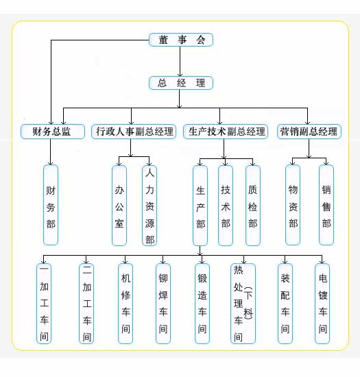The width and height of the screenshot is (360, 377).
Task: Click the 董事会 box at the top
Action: point(181,40)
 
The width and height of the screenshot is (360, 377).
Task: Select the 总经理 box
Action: point(181,83)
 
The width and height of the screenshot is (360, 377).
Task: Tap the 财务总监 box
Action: point(53,132)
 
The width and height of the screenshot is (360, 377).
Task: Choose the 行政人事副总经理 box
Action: point(134,132)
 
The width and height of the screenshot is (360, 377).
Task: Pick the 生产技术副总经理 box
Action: point(226,132)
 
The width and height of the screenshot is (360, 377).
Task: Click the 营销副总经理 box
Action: point(309,132)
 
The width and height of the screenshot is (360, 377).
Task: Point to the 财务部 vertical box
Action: point(51,205)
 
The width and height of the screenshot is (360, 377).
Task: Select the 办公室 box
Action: point(119,206)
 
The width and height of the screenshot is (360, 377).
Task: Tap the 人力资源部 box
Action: point(149,206)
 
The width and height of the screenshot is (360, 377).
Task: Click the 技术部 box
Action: point(226,206)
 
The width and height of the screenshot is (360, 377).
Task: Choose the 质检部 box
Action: point(253,206)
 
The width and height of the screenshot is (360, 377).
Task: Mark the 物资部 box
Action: point(293,205)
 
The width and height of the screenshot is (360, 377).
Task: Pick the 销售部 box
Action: point(326,205)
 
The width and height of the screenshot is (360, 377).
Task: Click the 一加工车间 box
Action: point(44,304)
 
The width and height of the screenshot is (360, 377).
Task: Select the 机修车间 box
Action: point(125,304)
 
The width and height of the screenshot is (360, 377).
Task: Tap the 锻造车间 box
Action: point(202,304)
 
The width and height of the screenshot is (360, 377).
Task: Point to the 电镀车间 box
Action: point(322,304)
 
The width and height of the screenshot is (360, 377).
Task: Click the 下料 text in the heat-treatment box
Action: point(248,303)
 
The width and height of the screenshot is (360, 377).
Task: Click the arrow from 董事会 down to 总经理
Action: point(180,61)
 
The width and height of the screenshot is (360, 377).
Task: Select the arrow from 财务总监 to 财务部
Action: point(51,152)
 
